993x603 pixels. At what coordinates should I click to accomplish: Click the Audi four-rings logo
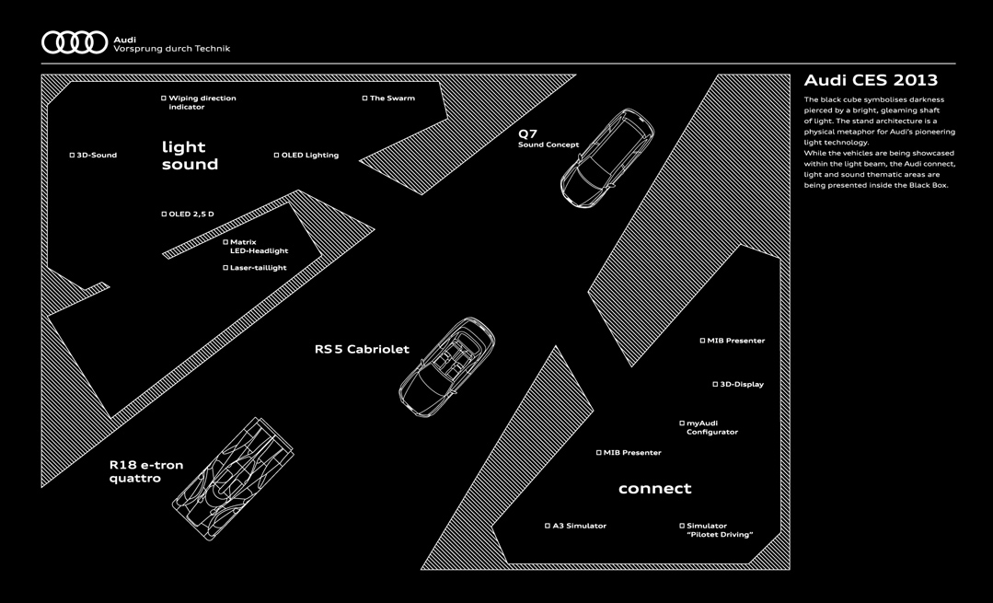[75, 42]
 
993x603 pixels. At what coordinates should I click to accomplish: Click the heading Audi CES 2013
[870, 80]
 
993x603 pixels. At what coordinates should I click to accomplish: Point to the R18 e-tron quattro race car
[232, 478]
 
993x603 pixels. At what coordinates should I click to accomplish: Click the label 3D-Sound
[96, 156]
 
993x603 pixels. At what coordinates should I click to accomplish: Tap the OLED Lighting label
[309, 156]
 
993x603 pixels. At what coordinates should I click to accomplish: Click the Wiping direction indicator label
[202, 102]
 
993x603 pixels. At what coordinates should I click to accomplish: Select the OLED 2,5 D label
[191, 215]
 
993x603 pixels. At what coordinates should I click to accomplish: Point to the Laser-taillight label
[258, 268]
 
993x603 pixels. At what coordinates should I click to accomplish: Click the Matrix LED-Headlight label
[258, 247]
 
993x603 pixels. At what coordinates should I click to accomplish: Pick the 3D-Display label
[741, 385]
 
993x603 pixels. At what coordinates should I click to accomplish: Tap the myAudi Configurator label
[711, 428]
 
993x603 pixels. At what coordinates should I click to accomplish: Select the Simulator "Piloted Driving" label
[719, 530]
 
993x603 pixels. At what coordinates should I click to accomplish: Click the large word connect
[654, 489]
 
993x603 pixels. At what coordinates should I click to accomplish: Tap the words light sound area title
[190, 156]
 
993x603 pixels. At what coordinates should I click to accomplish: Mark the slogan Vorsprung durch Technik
[172, 49]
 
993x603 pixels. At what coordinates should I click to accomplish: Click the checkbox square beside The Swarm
[364, 99]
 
